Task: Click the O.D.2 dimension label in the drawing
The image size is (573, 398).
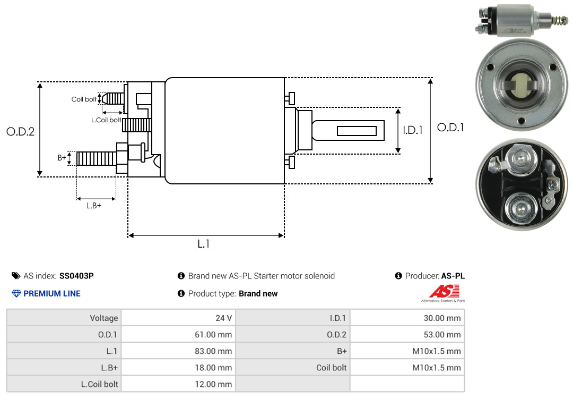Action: (x=21, y=131)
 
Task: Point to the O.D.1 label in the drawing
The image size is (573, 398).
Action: (x=450, y=128)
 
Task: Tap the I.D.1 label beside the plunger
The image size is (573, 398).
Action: (x=413, y=130)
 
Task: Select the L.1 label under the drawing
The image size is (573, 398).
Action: (x=204, y=244)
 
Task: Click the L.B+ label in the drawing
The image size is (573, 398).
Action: (x=94, y=206)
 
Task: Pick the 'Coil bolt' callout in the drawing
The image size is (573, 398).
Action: (x=84, y=99)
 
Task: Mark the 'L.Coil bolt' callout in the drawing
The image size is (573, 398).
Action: (x=106, y=120)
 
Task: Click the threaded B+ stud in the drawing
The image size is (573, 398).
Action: (x=97, y=158)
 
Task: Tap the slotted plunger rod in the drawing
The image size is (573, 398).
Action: (x=348, y=130)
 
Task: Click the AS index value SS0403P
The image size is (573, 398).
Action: (x=76, y=276)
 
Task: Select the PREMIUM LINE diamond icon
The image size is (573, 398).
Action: (x=16, y=293)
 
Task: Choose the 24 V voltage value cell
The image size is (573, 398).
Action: (x=178, y=318)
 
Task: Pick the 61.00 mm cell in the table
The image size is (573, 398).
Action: (x=178, y=334)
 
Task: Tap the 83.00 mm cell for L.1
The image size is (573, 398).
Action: (x=178, y=351)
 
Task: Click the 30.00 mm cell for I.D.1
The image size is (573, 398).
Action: (x=407, y=318)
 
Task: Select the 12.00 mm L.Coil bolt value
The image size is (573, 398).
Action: (x=178, y=384)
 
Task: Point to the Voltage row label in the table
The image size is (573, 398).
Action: (x=104, y=318)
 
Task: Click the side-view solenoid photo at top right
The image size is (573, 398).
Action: (x=522, y=20)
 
